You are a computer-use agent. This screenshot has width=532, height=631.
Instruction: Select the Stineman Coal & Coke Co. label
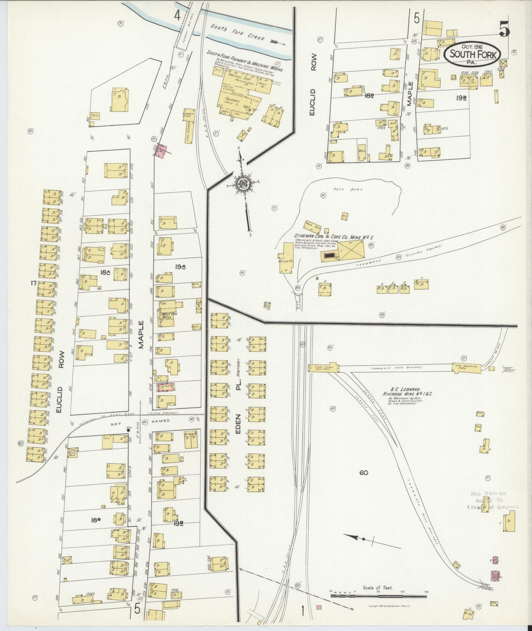[x=329, y=235]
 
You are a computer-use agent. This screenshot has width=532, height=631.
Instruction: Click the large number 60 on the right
[x=364, y=473]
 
